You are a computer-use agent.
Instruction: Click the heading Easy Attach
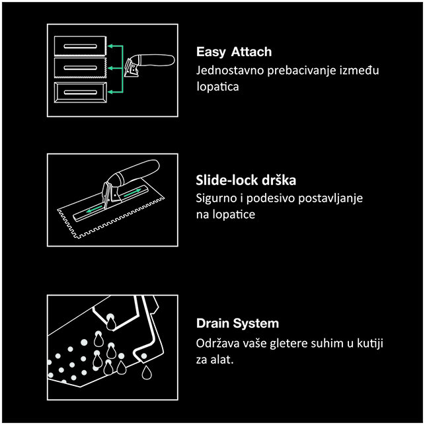click(x=234, y=52)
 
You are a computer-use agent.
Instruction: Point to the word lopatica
click(x=217, y=87)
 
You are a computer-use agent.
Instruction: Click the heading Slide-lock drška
click(x=246, y=180)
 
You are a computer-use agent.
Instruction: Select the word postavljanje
click(x=330, y=198)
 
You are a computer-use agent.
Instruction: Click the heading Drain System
click(x=237, y=323)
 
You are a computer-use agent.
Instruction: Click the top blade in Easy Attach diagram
click(x=81, y=46)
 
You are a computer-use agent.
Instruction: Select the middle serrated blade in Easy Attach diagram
click(x=81, y=68)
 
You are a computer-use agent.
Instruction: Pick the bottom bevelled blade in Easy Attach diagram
click(x=81, y=93)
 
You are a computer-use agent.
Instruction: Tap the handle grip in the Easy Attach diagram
click(x=157, y=60)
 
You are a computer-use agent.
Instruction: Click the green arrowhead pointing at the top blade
click(x=110, y=46)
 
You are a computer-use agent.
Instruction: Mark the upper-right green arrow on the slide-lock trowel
click(x=133, y=193)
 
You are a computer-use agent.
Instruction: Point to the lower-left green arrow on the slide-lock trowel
click(x=95, y=209)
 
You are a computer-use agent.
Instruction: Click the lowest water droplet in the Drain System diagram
click(x=147, y=372)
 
